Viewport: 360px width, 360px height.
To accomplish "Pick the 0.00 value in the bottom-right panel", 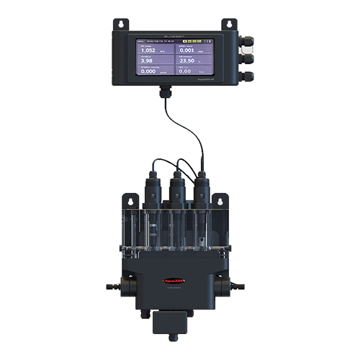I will [185, 72].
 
